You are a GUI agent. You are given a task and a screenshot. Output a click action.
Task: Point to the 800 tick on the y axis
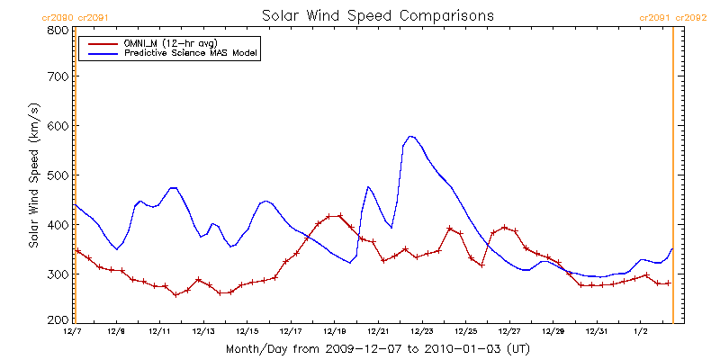pyautogui.click(x=58, y=30)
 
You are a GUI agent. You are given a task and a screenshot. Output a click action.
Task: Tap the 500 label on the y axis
pyautogui.click(x=58, y=175)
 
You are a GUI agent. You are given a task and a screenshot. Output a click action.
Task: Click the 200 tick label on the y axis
pyautogui.click(x=58, y=319)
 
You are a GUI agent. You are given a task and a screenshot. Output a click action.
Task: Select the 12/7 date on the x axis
pyautogui.click(x=73, y=331)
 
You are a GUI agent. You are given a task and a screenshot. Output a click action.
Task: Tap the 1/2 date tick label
pyautogui.click(x=640, y=331)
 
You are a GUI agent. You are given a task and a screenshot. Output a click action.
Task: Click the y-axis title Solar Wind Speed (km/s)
pyautogui.click(x=34, y=175)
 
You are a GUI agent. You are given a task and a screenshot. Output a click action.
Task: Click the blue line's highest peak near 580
pyautogui.click(x=410, y=136)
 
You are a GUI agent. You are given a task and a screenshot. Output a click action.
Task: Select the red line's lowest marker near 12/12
pyautogui.click(x=176, y=295)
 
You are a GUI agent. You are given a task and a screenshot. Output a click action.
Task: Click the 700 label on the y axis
pyautogui.click(x=58, y=77)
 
